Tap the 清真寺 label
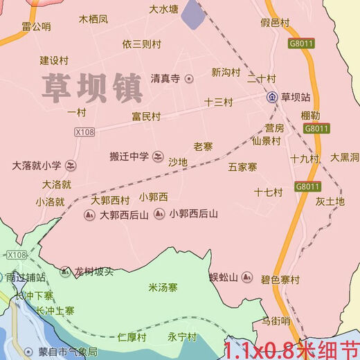[x=166, y=79]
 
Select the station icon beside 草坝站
[x=272, y=97]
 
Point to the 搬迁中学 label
[x=129, y=156]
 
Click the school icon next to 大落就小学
[x=69, y=166]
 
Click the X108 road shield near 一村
[x=84, y=130]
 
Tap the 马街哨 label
[x=276, y=321]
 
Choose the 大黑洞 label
[x=345, y=157]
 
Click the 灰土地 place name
[x=330, y=201]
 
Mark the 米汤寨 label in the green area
[x=163, y=287]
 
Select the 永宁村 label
[x=182, y=337]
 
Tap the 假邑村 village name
[x=275, y=23]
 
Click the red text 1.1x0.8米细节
[x=291, y=348]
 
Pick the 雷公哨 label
[x=36, y=26]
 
